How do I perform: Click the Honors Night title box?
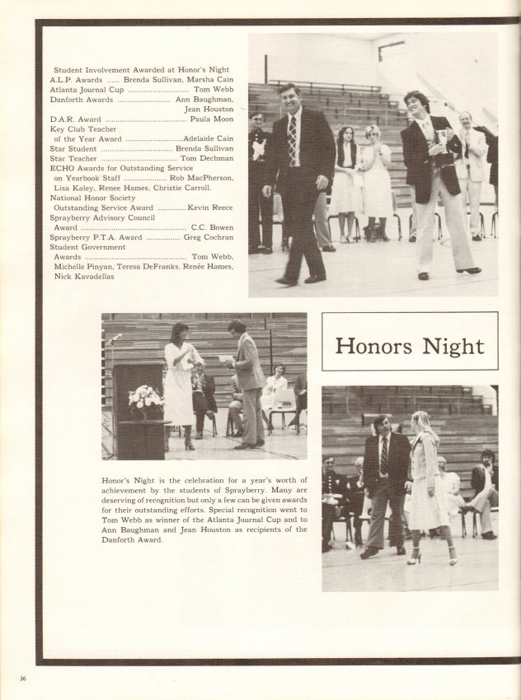click(x=410, y=347)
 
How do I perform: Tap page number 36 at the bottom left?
click(x=23, y=679)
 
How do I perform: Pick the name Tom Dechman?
click(x=208, y=158)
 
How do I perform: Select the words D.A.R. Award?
click(x=75, y=119)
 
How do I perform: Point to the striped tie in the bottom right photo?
click(x=383, y=455)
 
